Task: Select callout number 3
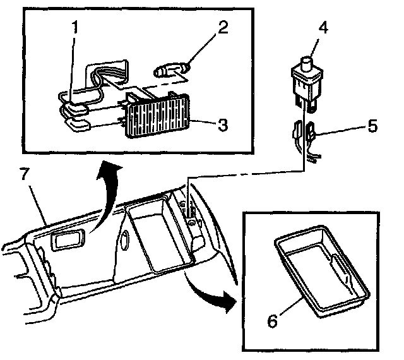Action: [222, 124]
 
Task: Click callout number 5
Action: [372, 126]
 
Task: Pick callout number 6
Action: [272, 320]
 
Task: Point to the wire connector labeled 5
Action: [311, 133]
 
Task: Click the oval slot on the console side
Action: [124, 239]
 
